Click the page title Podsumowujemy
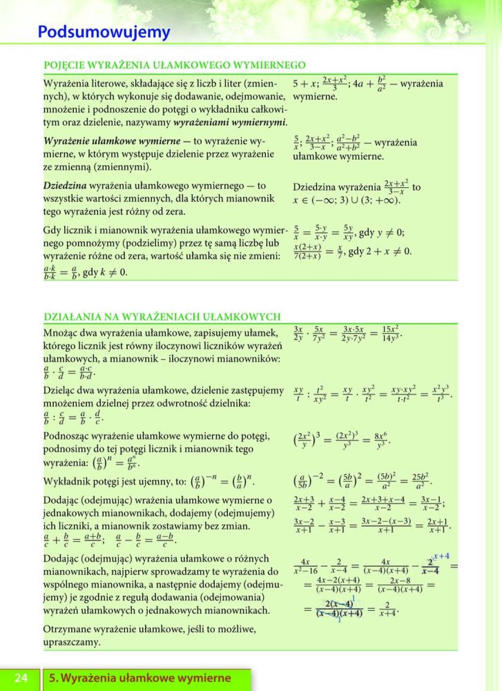click(x=104, y=32)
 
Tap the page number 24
click(x=21, y=678)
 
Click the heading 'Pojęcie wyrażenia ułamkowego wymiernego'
click(x=174, y=65)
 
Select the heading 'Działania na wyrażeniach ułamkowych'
click(x=162, y=316)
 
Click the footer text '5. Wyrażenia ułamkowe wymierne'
click(x=140, y=678)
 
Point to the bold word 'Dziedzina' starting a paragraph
click(x=65, y=186)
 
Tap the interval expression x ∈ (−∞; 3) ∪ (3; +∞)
click(x=346, y=201)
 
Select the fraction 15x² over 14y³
click(x=390, y=333)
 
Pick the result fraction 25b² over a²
click(x=420, y=482)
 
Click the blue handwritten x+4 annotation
click(x=441, y=556)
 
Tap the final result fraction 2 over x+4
click(x=387, y=609)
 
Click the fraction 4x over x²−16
click(x=305, y=566)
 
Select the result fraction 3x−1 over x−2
click(x=430, y=503)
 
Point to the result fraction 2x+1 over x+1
click(x=437, y=525)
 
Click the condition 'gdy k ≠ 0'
click(x=105, y=272)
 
